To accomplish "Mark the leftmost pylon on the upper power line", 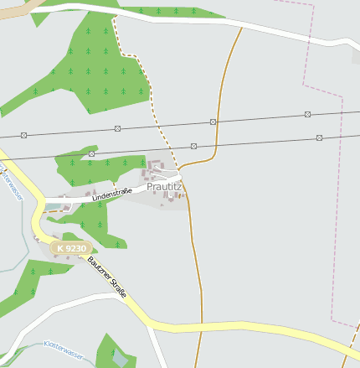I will [x=24, y=134].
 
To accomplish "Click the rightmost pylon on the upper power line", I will [x=308, y=114].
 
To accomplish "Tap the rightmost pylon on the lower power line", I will [x=319, y=137].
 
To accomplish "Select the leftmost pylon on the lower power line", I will [x=91, y=154].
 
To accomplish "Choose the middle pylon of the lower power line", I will [x=193, y=146].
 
